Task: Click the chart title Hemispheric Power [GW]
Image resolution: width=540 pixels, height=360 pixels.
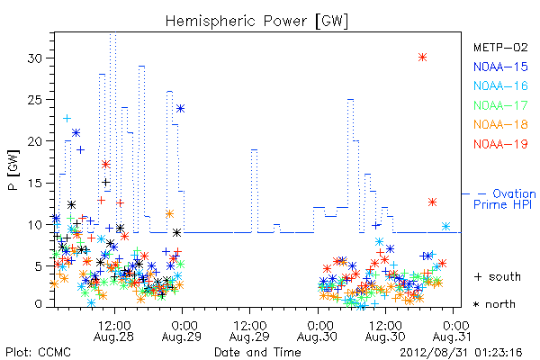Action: (256, 22)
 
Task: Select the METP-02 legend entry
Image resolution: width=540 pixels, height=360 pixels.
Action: (500, 47)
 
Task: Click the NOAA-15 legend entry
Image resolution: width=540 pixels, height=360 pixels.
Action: (500, 67)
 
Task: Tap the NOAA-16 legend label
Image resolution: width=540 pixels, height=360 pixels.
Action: (500, 85)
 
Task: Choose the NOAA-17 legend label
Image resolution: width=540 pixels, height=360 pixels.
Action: (500, 105)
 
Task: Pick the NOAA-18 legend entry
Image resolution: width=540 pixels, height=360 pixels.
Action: (500, 124)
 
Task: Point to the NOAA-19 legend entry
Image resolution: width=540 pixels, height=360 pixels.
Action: (500, 144)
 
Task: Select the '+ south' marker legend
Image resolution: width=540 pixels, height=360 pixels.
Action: (498, 276)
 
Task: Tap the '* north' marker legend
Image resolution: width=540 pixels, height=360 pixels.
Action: (494, 304)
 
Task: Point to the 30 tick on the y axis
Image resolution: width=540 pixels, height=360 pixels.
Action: (35, 58)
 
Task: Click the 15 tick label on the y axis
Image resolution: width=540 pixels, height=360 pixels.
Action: (35, 183)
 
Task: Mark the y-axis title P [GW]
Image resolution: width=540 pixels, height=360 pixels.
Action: (13, 170)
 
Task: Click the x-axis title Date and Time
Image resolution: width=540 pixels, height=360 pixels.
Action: (257, 352)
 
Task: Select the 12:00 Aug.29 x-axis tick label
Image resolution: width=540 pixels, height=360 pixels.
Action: (249, 331)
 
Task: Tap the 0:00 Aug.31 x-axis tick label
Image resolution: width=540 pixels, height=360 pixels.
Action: (453, 331)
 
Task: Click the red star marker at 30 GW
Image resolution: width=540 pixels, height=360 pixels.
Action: (423, 58)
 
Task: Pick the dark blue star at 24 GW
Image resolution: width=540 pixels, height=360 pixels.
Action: (180, 109)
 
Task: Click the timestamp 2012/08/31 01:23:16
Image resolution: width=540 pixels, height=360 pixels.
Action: (461, 353)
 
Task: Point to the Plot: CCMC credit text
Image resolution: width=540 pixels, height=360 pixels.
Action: (38, 353)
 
